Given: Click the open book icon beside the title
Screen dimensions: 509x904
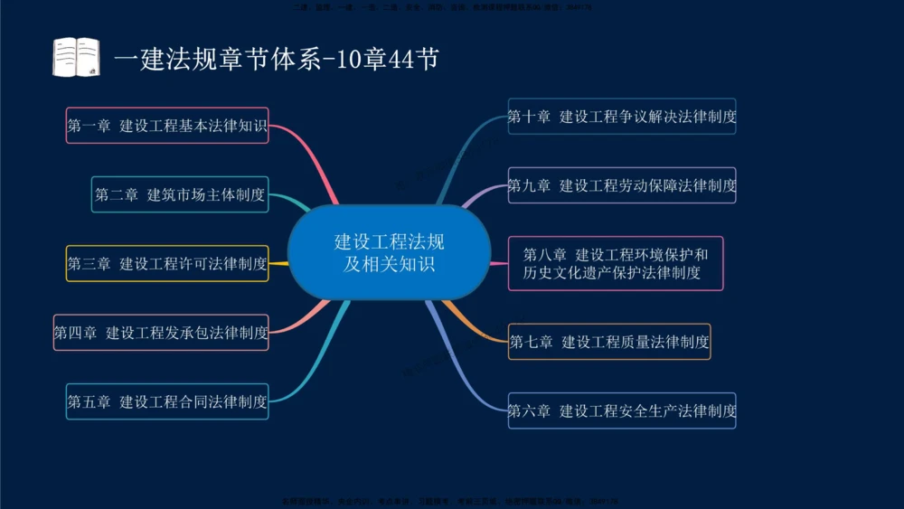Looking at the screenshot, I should [76, 57].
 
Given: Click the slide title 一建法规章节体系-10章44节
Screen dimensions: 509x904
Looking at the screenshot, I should [277, 60].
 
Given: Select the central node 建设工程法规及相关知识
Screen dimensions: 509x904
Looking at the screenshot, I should [389, 253].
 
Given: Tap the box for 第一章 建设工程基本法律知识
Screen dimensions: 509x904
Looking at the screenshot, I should [168, 126].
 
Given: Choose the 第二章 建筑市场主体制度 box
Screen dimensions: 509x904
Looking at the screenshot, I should [180, 194].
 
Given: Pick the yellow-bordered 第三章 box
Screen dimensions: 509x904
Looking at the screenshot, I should [167, 263].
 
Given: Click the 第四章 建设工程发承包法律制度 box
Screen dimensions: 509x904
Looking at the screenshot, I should [161, 332].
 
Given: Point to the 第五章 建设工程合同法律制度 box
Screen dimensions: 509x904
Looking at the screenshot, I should [167, 401].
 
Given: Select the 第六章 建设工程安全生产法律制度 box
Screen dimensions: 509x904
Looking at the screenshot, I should [622, 410].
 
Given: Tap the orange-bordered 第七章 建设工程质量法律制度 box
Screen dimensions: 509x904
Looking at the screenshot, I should [609, 342].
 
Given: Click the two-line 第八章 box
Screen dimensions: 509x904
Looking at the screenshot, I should [616, 263].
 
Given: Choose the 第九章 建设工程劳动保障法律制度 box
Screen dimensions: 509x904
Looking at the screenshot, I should [622, 185].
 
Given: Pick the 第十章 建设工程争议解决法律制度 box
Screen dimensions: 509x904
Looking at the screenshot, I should [622, 117].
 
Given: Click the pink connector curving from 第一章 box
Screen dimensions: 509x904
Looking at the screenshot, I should [312, 154].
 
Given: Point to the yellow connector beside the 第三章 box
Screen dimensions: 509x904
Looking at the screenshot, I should [278, 263].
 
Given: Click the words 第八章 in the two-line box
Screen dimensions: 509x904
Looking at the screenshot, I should [544, 254].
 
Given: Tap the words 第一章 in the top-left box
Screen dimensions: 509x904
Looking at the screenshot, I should [89, 126].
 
